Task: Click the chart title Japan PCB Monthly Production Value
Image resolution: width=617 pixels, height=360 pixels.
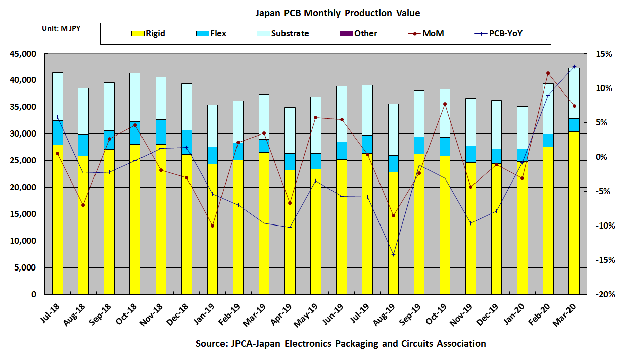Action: [337, 13]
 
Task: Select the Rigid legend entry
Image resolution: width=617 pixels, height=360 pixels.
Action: [149, 34]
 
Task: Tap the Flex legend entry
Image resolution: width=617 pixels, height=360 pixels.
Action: [211, 34]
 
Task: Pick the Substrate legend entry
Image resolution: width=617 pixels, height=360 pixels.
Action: [282, 34]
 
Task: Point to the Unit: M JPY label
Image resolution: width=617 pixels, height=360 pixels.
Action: [61, 28]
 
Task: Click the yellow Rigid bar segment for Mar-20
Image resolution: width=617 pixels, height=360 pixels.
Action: [574, 212]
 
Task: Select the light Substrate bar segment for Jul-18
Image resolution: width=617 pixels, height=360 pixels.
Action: [58, 96]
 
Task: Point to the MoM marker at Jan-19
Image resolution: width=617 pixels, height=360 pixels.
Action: [212, 226]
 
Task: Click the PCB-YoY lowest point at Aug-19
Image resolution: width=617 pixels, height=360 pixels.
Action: [393, 254]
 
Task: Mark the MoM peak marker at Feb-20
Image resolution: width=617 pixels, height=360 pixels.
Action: [548, 73]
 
